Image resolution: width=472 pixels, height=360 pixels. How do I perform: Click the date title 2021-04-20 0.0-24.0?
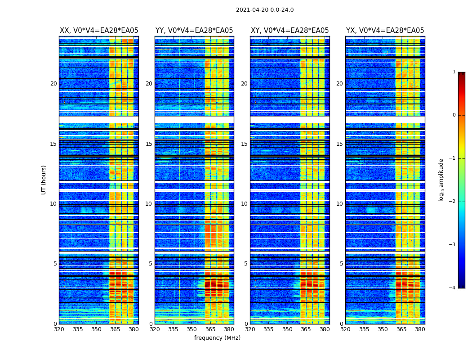(265, 10)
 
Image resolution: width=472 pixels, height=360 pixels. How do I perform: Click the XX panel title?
(99, 31)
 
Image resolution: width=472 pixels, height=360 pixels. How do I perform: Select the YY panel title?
(194, 31)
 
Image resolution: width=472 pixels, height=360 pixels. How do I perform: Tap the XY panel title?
(289, 31)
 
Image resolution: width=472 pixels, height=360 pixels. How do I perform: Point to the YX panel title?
(385, 31)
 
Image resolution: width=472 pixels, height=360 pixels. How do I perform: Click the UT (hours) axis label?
(44, 180)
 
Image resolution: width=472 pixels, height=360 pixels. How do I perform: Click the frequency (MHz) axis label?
(217, 338)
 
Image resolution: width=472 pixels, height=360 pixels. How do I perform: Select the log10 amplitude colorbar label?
(441, 180)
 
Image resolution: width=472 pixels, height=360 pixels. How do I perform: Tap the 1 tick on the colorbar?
(454, 72)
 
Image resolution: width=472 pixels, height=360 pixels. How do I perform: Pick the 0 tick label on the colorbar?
(454, 115)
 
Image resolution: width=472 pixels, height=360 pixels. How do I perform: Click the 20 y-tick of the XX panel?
(53, 84)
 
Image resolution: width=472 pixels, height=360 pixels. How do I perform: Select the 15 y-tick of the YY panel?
(149, 144)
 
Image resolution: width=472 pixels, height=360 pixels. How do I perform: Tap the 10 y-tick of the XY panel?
(244, 204)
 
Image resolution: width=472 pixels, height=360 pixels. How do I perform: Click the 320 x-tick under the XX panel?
(59, 329)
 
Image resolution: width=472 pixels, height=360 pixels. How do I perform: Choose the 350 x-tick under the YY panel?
(192, 329)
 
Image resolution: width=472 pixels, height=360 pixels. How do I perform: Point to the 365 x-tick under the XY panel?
(306, 329)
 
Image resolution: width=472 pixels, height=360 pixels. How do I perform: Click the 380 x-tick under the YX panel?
(420, 329)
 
